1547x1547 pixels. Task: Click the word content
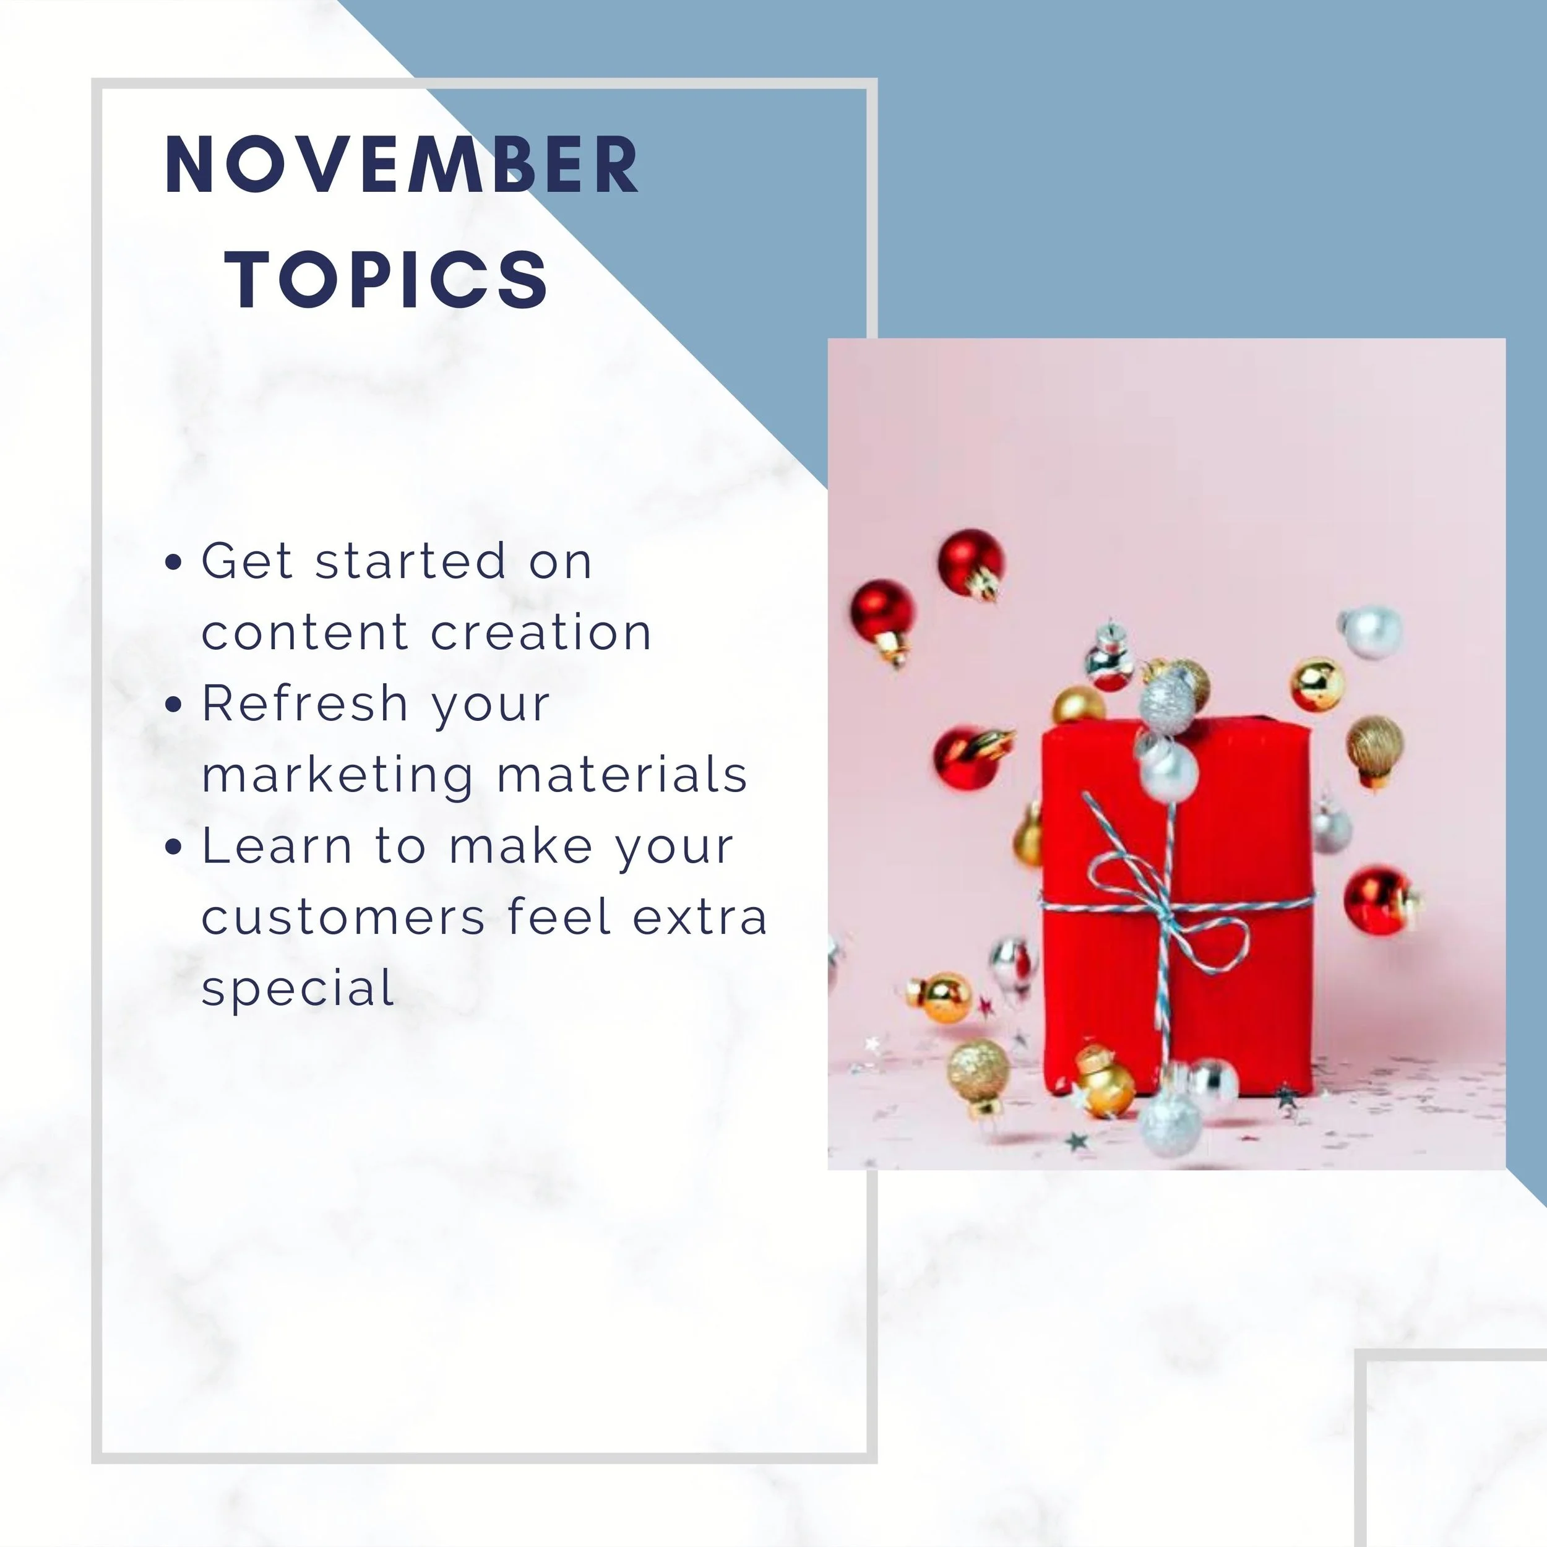305,632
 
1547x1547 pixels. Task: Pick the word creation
541,632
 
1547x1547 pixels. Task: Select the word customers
343,917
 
